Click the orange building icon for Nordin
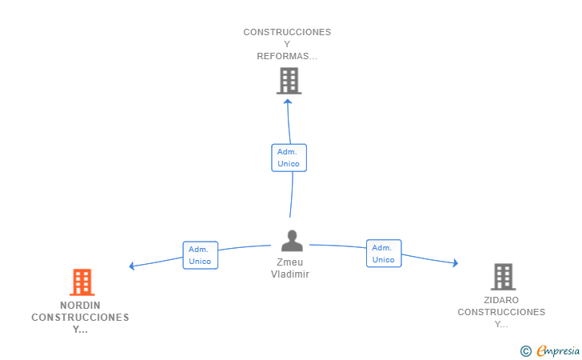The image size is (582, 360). coord(82,282)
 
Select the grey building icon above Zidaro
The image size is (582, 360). coord(503,276)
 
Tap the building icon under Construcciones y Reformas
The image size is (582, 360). coord(289,80)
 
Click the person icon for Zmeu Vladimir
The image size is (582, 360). coord(292,241)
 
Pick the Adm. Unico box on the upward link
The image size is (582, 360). coord(289,158)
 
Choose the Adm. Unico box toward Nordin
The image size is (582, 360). coord(200,255)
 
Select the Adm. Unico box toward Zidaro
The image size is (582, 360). coord(384,254)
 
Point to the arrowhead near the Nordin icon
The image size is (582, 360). coord(132,266)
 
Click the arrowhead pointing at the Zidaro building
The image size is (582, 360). coord(455,262)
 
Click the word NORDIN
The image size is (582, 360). coord(80,305)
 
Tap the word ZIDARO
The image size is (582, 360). coord(501,300)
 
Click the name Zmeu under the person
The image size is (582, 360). coord(290,262)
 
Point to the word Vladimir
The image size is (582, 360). coord(290,274)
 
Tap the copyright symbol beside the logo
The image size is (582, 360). coord(525,350)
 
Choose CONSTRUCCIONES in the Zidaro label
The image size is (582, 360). coord(501,312)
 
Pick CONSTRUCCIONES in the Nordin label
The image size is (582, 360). coord(80,318)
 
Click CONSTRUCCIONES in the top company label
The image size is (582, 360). coord(287,32)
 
